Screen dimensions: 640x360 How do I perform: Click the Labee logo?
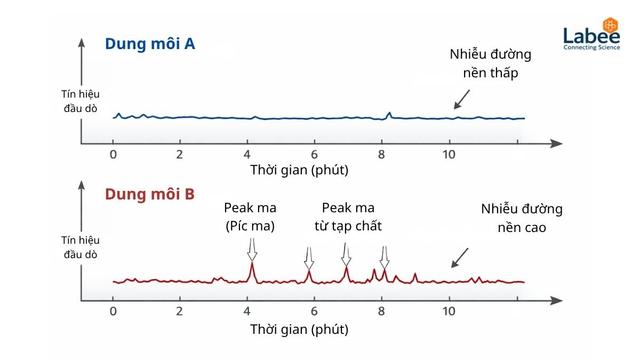tap(591, 34)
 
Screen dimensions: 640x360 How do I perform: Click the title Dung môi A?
tap(150, 44)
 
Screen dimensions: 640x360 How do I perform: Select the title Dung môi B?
tap(150, 194)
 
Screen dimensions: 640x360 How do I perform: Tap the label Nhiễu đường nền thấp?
tap(490, 63)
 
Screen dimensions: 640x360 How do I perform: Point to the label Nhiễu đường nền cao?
tap(522, 218)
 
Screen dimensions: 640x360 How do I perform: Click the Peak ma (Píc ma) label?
tap(250, 217)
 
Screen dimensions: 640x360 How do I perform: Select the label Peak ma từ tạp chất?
tap(348, 217)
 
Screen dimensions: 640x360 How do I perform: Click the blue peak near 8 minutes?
tap(389, 116)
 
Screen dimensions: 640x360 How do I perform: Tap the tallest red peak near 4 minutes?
tap(252, 272)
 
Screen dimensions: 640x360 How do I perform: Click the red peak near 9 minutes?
tap(415, 278)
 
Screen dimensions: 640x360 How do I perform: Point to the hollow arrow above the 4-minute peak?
tap(252, 249)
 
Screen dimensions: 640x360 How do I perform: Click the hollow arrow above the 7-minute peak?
tap(346, 254)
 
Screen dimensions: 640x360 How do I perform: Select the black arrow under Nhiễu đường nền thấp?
tap(462, 100)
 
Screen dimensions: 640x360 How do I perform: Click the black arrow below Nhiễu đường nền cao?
tap(460, 258)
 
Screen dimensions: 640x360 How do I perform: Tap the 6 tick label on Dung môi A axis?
tap(314, 155)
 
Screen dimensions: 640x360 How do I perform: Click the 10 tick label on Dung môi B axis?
tap(449, 311)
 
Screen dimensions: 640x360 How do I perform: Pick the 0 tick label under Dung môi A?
tap(113, 155)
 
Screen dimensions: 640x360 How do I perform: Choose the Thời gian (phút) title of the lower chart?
tap(299, 329)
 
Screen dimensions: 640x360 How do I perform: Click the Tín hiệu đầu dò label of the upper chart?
tap(80, 101)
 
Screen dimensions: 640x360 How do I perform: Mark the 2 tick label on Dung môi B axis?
tap(180, 311)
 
